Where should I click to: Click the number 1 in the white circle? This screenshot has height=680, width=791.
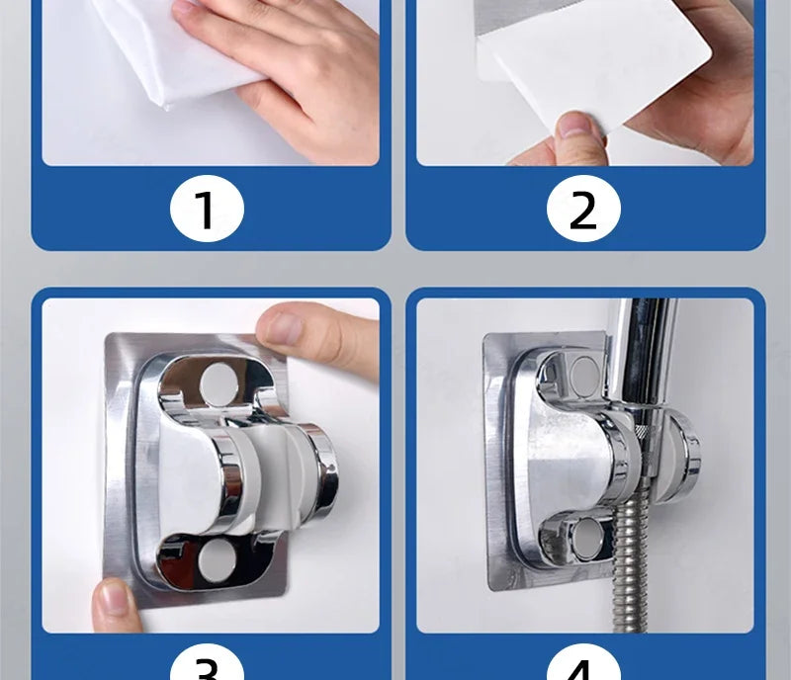tap(205, 211)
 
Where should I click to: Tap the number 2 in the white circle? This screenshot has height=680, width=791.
tap(583, 211)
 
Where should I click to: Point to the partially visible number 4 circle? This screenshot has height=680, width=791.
tap(583, 664)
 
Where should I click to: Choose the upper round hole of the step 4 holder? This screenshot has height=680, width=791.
tap(584, 373)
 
